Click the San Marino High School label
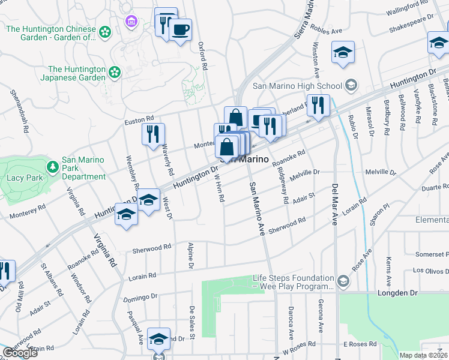coord(297,86)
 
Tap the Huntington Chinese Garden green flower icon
coord(106,31)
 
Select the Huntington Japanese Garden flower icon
coord(114,73)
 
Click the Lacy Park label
coord(22,178)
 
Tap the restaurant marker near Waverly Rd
coord(152,134)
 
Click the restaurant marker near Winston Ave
coord(318,105)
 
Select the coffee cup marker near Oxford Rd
coord(180,30)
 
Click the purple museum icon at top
coord(131,22)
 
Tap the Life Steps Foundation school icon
coord(342,281)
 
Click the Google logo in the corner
coord(20,353)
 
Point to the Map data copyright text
coord(424,355)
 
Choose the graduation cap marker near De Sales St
coord(159,339)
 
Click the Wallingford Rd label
coord(410,9)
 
